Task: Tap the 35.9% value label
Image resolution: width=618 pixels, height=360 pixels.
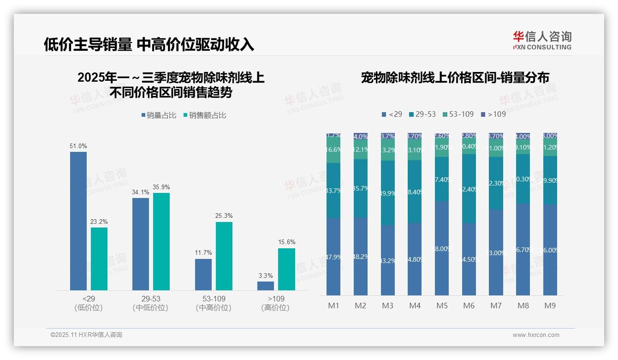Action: [x=161, y=187]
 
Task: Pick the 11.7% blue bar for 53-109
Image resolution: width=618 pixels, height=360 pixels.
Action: [x=203, y=274]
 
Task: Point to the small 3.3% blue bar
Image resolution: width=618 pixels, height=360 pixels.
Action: [x=266, y=286]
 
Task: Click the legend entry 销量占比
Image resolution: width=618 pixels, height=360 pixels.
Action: [x=159, y=115]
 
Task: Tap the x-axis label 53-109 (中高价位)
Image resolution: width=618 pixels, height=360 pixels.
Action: [x=214, y=303]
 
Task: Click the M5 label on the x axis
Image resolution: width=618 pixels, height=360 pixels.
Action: [x=442, y=306]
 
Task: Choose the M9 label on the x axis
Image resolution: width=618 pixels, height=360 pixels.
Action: [x=550, y=306]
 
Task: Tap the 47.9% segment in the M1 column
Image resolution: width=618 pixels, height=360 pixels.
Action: [x=333, y=257]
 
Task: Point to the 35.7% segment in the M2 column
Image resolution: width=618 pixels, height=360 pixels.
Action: [x=360, y=188]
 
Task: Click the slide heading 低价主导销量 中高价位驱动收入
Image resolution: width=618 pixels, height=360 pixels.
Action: [x=149, y=44]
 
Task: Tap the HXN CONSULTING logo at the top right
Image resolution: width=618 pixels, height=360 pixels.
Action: [x=542, y=41]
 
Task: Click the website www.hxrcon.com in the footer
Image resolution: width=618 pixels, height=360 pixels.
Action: [x=535, y=335]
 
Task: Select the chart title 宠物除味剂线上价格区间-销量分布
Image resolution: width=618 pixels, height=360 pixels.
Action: [x=455, y=78]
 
